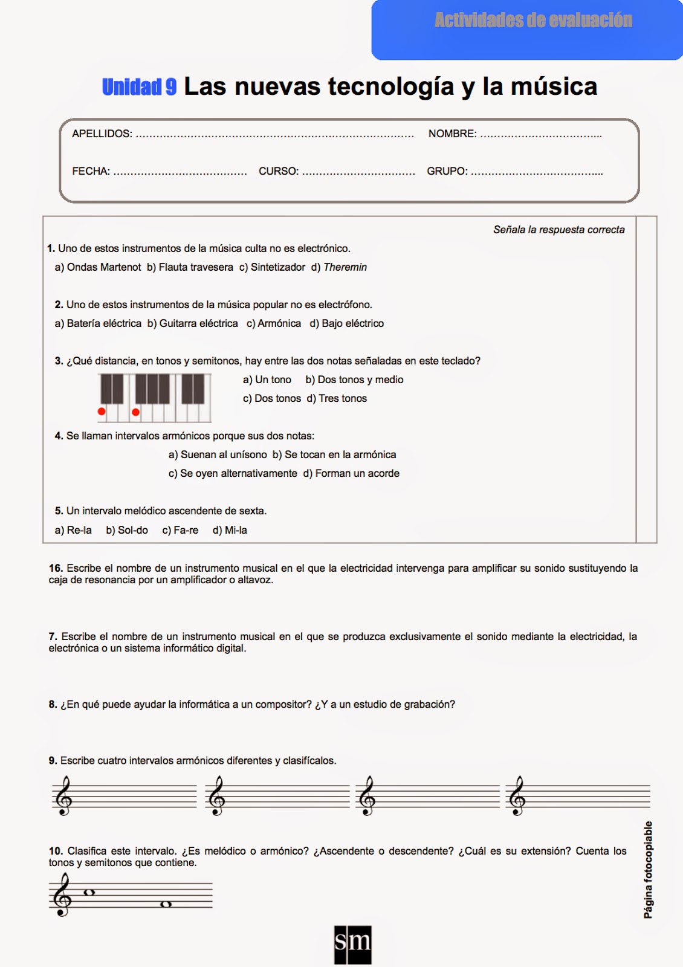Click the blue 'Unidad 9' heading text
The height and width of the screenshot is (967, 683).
tap(139, 87)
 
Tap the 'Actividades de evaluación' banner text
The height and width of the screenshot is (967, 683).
tap(533, 21)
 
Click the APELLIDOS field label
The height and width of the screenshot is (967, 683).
tap(102, 134)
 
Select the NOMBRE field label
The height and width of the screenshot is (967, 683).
tap(452, 134)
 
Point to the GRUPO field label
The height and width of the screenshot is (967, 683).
tap(447, 171)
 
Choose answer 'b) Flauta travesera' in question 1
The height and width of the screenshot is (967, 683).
tap(190, 267)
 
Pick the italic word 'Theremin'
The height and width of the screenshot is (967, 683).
tap(345, 267)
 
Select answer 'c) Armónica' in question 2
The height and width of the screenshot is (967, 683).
tap(274, 323)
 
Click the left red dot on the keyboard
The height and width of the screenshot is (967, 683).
tap(102, 412)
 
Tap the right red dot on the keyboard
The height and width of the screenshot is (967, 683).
tap(135, 412)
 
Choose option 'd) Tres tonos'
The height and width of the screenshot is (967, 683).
tap(337, 398)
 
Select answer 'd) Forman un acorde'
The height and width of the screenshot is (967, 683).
tap(351, 473)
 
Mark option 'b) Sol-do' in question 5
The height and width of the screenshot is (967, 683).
tap(127, 530)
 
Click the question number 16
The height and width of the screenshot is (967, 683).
tap(56, 568)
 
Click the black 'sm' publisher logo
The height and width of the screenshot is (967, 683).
tap(352, 943)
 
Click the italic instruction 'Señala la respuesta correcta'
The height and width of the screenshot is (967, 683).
tap(558, 230)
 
